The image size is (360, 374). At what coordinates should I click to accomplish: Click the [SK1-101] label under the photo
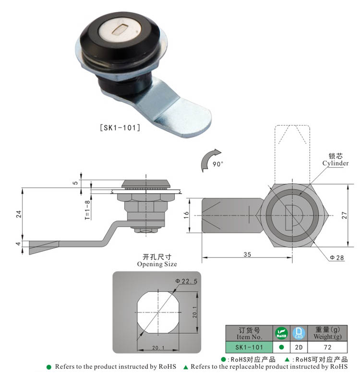[x=120, y=128]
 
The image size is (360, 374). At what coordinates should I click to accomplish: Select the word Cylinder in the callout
[x=336, y=163]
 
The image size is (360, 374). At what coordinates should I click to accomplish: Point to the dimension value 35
[x=247, y=255]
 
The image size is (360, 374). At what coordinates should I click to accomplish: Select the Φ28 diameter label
[x=336, y=257]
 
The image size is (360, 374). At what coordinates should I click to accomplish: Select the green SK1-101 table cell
[x=250, y=347]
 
